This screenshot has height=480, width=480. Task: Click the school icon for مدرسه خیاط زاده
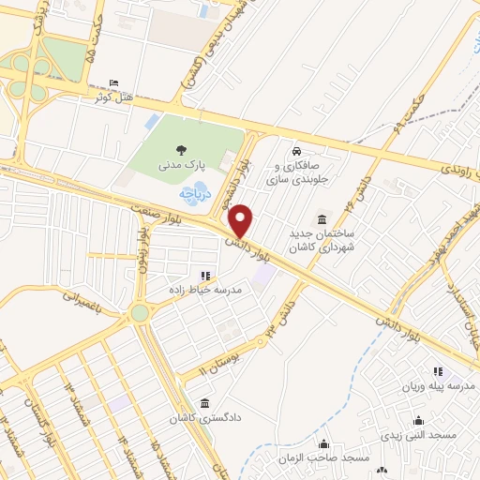tap(204, 276)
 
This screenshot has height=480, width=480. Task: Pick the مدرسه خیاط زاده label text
tap(204, 291)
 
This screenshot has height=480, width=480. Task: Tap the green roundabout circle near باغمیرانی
tap(141, 312)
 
